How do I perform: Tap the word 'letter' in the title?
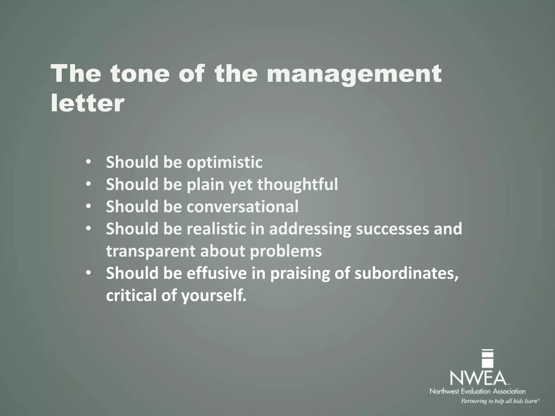tap(87, 103)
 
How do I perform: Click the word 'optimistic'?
tap(224, 162)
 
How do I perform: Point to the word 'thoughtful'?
tap(297, 185)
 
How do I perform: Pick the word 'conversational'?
tap(242, 207)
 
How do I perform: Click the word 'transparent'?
tap(150, 251)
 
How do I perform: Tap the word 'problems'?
tap(286, 251)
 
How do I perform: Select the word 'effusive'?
tap(217, 273)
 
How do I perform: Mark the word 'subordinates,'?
tap(406, 274)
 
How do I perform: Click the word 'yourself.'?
tap(214, 295)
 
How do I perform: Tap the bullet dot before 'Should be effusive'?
tap(88, 273)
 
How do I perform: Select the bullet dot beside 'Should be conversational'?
tap(88, 206)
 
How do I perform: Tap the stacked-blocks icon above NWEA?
tap(487, 359)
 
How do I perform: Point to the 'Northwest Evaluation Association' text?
tap(477, 391)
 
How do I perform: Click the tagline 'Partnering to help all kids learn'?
tap(500, 401)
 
